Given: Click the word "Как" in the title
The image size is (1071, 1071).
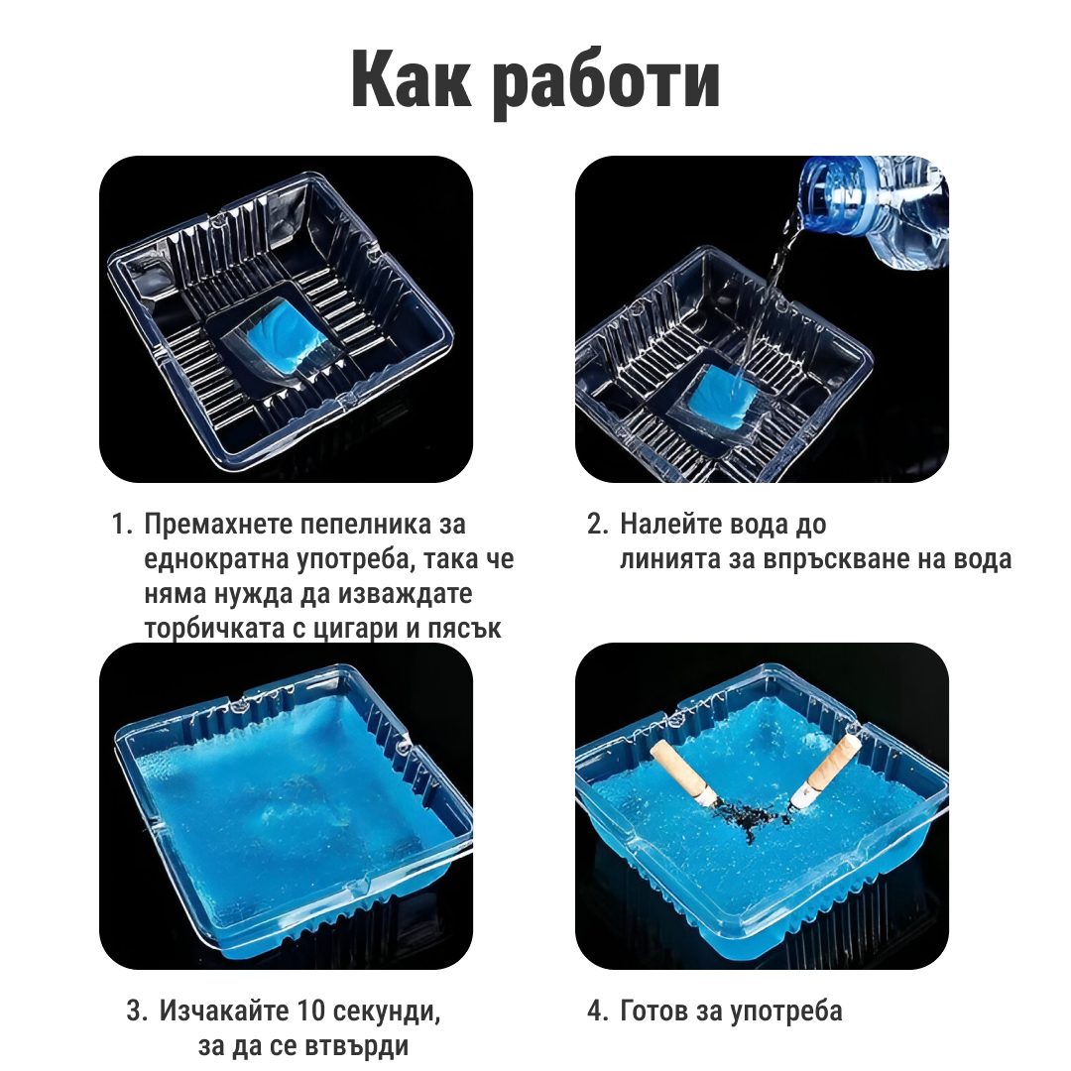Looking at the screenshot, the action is pyautogui.click(x=411, y=80).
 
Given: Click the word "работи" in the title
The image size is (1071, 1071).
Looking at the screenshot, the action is pyautogui.click(x=607, y=84).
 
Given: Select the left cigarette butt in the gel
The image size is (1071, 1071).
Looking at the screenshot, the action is pyautogui.click(x=683, y=773).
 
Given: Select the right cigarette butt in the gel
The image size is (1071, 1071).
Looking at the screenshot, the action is pyautogui.click(x=826, y=772).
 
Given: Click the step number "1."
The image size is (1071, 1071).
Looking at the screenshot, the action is pyautogui.click(x=122, y=525).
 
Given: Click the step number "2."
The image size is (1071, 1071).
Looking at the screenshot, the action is pyautogui.click(x=598, y=525).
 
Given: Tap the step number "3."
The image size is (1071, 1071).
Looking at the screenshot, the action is pyautogui.click(x=137, y=1011).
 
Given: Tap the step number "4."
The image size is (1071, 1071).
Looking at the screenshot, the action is pyautogui.click(x=598, y=1011).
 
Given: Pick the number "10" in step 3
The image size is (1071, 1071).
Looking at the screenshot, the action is pyautogui.click(x=311, y=1011).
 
